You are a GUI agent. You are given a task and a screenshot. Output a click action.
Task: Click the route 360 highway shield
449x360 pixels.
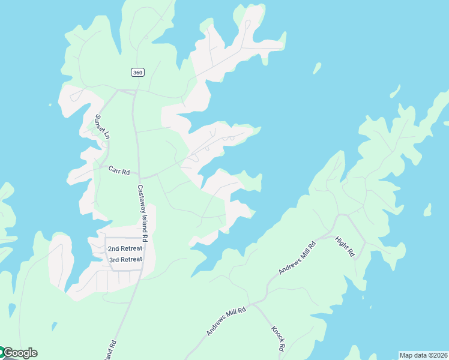[x=137, y=73]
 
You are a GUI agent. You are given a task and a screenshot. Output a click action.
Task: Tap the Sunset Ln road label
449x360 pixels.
[x=101, y=127]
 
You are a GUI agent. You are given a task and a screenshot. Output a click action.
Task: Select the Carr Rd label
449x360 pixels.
[x=119, y=171]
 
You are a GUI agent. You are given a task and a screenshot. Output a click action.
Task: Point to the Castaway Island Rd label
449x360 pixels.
[x=142, y=209]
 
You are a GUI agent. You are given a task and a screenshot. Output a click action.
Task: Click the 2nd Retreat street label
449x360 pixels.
[x=125, y=248]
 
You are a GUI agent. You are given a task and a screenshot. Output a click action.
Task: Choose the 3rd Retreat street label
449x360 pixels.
[x=125, y=260]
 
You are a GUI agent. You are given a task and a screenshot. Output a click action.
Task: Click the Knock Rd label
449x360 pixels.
[x=277, y=339]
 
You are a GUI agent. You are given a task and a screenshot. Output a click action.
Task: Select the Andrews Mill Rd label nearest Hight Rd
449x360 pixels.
[x=297, y=259]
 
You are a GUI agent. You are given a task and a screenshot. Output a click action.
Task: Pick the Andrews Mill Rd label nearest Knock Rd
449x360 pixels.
[x=226, y=322]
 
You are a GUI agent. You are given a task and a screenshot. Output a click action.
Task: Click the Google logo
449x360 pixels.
[x=19, y=353]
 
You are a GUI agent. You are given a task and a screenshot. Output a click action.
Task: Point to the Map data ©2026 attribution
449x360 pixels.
[x=423, y=355]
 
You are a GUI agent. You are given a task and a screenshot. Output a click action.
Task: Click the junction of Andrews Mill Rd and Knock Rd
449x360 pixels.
[x=253, y=304]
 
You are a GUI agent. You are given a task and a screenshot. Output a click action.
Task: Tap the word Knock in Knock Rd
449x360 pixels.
[x=276, y=335]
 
